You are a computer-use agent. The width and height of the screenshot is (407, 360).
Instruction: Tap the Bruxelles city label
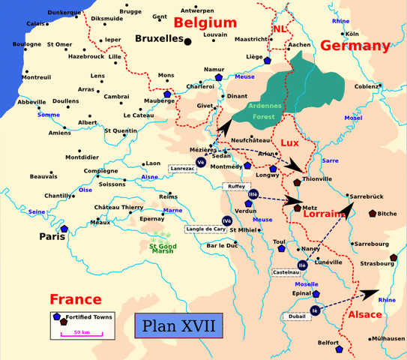[x=160, y=38]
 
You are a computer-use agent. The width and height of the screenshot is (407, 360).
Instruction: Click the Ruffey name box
[x=235, y=186]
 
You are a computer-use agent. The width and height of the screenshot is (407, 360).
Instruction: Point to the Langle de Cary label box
[x=204, y=229]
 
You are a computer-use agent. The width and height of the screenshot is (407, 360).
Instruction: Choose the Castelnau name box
[x=286, y=272]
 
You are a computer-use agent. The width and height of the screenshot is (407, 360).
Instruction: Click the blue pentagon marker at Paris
[x=64, y=229]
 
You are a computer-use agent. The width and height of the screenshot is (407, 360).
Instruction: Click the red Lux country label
[x=291, y=142]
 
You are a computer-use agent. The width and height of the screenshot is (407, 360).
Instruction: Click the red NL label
[x=279, y=28]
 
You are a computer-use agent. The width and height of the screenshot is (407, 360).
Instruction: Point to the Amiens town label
[x=60, y=133]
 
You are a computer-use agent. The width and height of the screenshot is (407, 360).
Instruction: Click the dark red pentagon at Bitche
[x=373, y=214]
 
